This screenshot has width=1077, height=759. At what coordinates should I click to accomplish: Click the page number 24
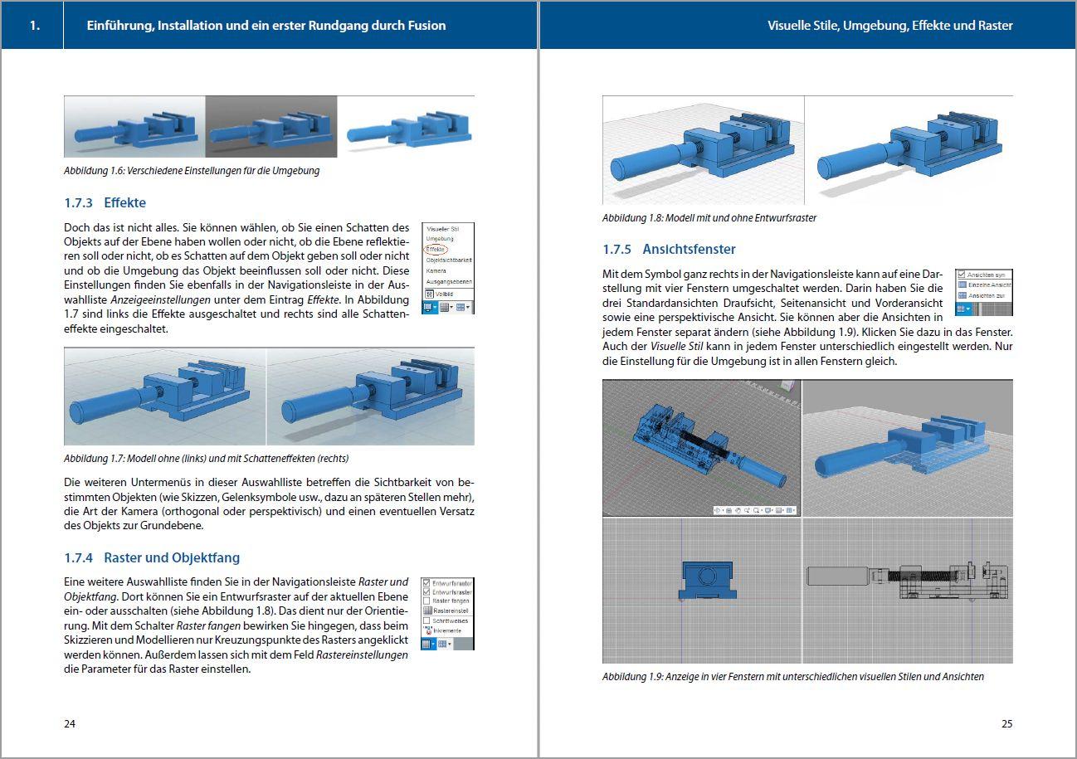click(x=70, y=723)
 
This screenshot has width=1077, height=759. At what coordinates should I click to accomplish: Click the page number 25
click(x=1006, y=723)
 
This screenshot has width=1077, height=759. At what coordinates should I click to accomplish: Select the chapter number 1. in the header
click(x=34, y=26)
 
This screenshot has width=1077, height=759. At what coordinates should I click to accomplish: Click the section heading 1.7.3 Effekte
click(x=105, y=202)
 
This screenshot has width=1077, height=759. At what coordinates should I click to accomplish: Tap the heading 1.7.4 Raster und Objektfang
click(x=152, y=557)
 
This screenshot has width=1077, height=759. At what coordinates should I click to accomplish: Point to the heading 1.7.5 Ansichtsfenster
click(x=669, y=249)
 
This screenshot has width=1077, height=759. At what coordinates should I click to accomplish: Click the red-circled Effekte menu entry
click(x=436, y=249)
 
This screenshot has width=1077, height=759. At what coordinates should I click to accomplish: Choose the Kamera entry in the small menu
click(x=436, y=270)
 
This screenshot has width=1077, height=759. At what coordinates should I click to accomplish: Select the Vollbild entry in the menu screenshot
click(x=442, y=293)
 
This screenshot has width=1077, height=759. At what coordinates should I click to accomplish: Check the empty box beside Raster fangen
click(x=426, y=601)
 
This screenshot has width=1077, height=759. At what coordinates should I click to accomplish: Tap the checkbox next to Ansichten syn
click(x=962, y=275)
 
